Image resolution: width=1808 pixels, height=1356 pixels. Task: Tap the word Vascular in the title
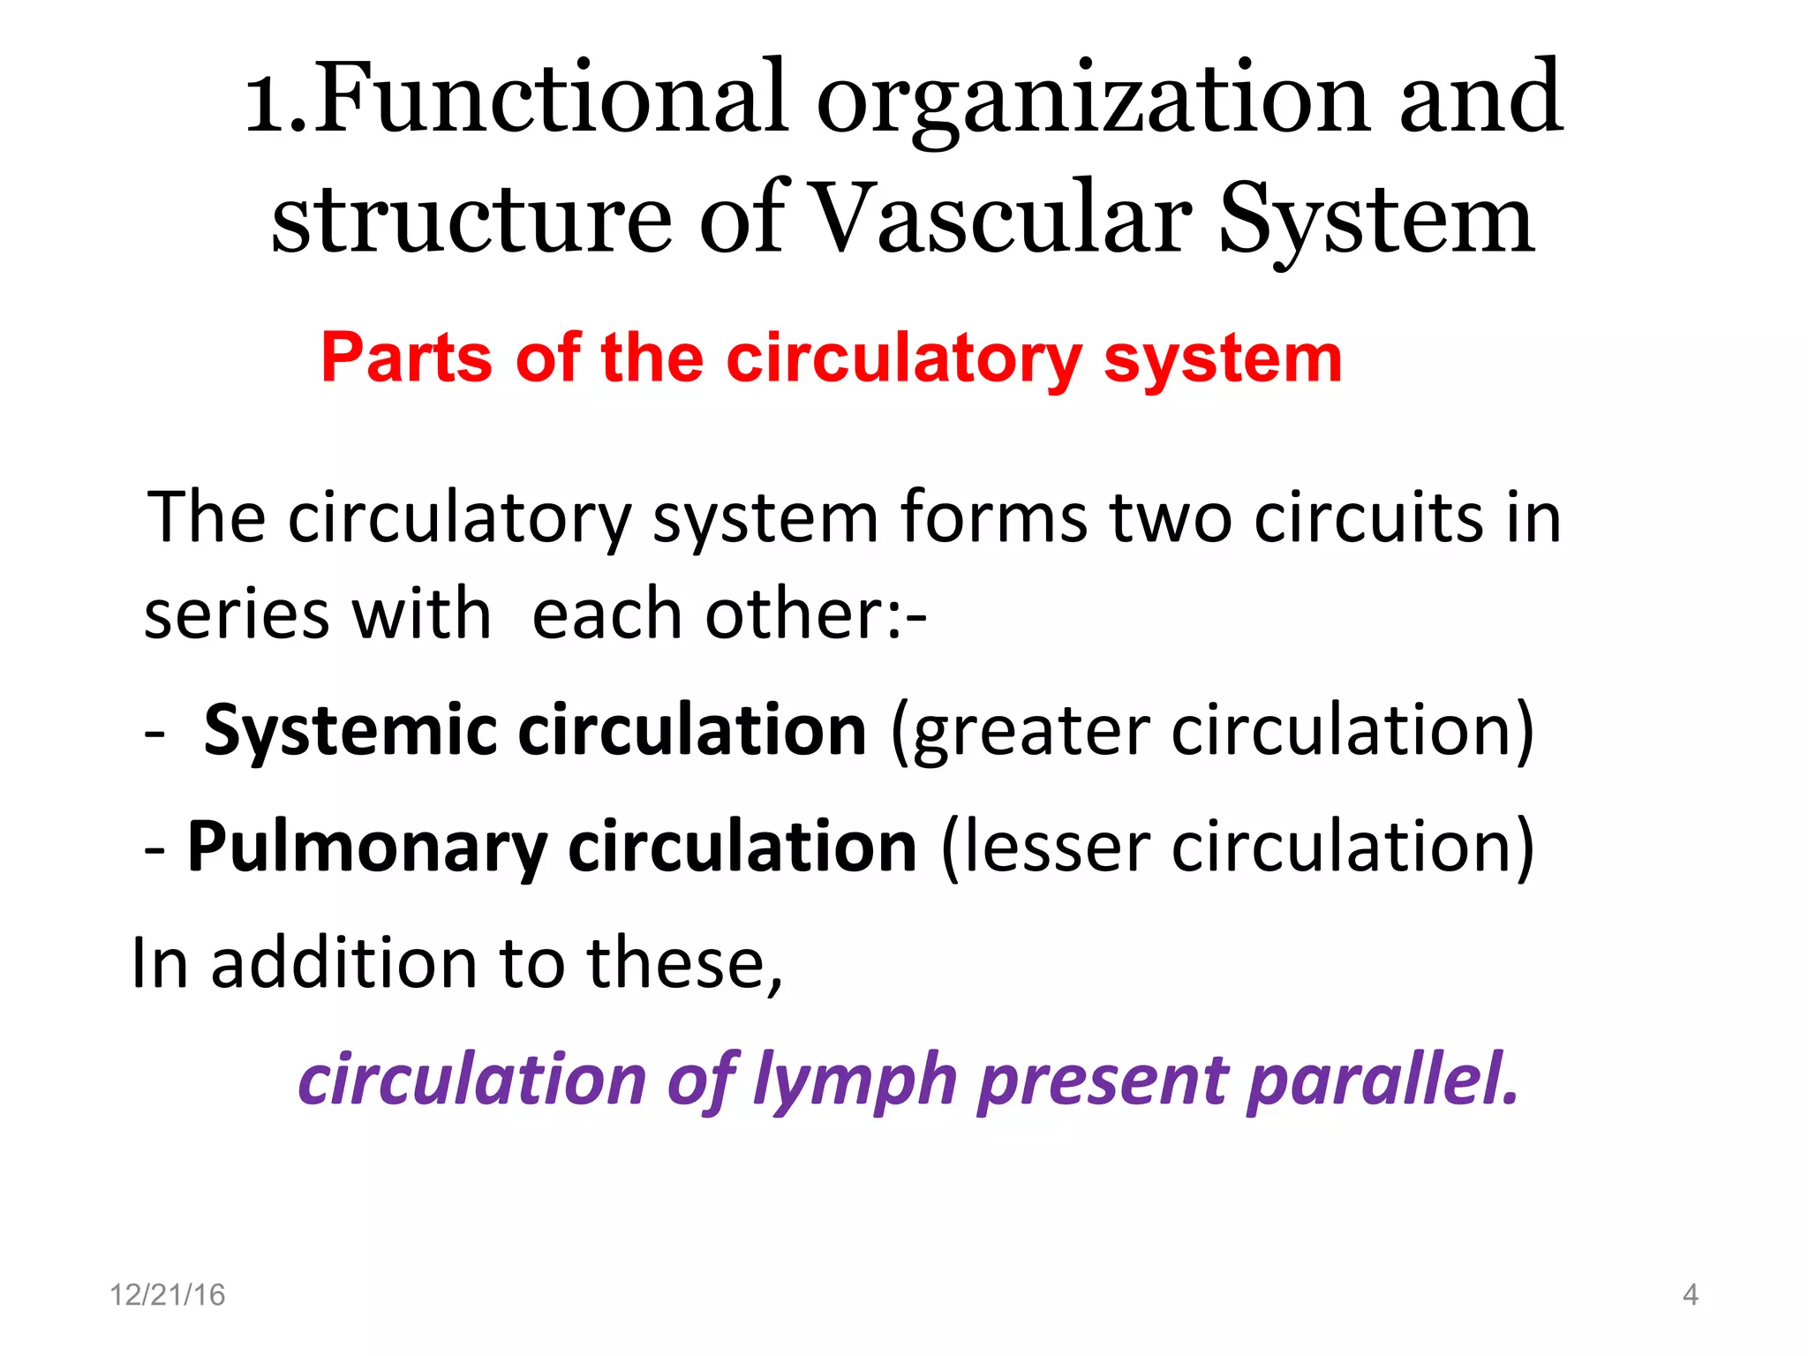[x=1001, y=219]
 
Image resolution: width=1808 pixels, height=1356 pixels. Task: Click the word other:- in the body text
[x=816, y=614]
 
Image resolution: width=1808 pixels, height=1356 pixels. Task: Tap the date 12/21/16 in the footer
[x=167, y=1295]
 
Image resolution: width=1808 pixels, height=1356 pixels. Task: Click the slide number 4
[x=1690, y=1295]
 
